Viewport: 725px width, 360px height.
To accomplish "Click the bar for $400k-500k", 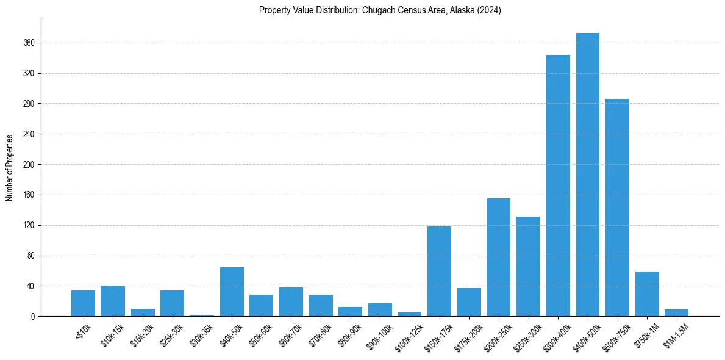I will (x=587, y=175).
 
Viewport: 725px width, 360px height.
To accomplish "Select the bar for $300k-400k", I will (x=558, y=185).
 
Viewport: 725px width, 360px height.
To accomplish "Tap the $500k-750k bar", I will (x=617, y=207).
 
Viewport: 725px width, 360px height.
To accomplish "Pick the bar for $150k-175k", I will (x=439, y=271).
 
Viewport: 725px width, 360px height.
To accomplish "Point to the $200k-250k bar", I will (x=498, y=257).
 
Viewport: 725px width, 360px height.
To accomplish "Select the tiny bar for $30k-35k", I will (x=202, y=315).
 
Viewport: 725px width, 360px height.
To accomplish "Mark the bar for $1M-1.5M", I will (x=676, y=313).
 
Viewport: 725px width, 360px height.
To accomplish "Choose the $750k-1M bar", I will (x=647, y=294).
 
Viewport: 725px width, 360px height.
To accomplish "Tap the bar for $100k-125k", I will (x=410, y=314).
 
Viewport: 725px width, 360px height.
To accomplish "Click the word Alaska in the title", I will (x=462, y=10).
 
